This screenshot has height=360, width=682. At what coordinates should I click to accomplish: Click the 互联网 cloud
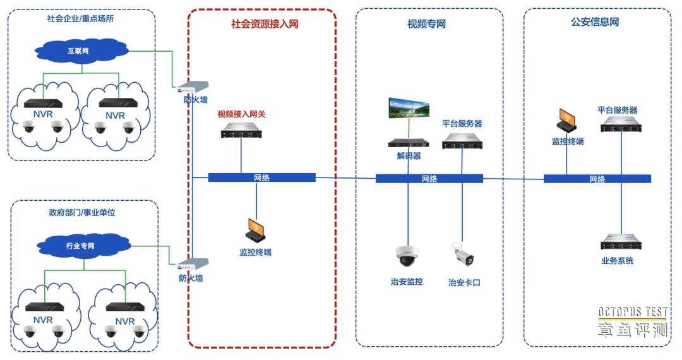(x=78, y=51)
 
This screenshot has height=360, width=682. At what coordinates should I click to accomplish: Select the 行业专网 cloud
(x=81, y=245)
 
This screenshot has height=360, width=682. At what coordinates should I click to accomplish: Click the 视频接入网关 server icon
(x=241, y=131)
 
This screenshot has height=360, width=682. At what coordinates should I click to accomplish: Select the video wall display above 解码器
(x=410, y=108)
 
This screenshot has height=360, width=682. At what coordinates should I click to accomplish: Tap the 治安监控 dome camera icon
(x=407, y=256)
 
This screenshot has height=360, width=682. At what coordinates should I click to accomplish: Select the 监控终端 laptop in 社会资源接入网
(x=256, y=230)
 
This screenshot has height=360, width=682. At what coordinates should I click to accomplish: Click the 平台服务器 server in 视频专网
(x=462, y=141)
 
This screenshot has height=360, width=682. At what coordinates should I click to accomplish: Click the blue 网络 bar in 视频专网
(x=429, y=179)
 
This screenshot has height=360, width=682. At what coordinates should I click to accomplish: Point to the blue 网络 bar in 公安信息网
(x=597, y=179)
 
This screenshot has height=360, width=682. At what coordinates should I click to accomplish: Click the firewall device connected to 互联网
(x=193, y=86)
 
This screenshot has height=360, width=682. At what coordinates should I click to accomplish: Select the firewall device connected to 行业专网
(x=193, y=263)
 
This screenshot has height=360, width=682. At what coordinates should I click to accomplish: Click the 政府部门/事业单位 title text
(x=82, y=213)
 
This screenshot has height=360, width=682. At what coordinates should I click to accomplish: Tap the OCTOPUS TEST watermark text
(x=632, y=312)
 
